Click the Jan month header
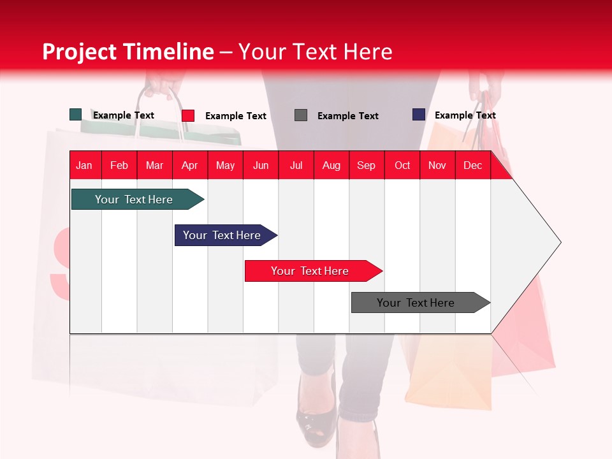[x=84, y=166]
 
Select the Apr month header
[x=189, y=166]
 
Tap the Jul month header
[x=296, y=166]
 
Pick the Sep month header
[x=366, y=166]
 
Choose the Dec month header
[x=472, y=166]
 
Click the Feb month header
[x=119, y=166]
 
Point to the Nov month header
[x=437, y=166]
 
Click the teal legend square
[x=76, y=115]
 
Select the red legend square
[x=188, y=115]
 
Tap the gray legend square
[x=301, y=115]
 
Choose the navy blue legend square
[x=419, y=115]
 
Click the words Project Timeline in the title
[x=128, y=52]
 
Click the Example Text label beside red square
[x=235, y=116]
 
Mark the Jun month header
[x=261, y=166]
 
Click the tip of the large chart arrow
[x=560, y=242]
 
